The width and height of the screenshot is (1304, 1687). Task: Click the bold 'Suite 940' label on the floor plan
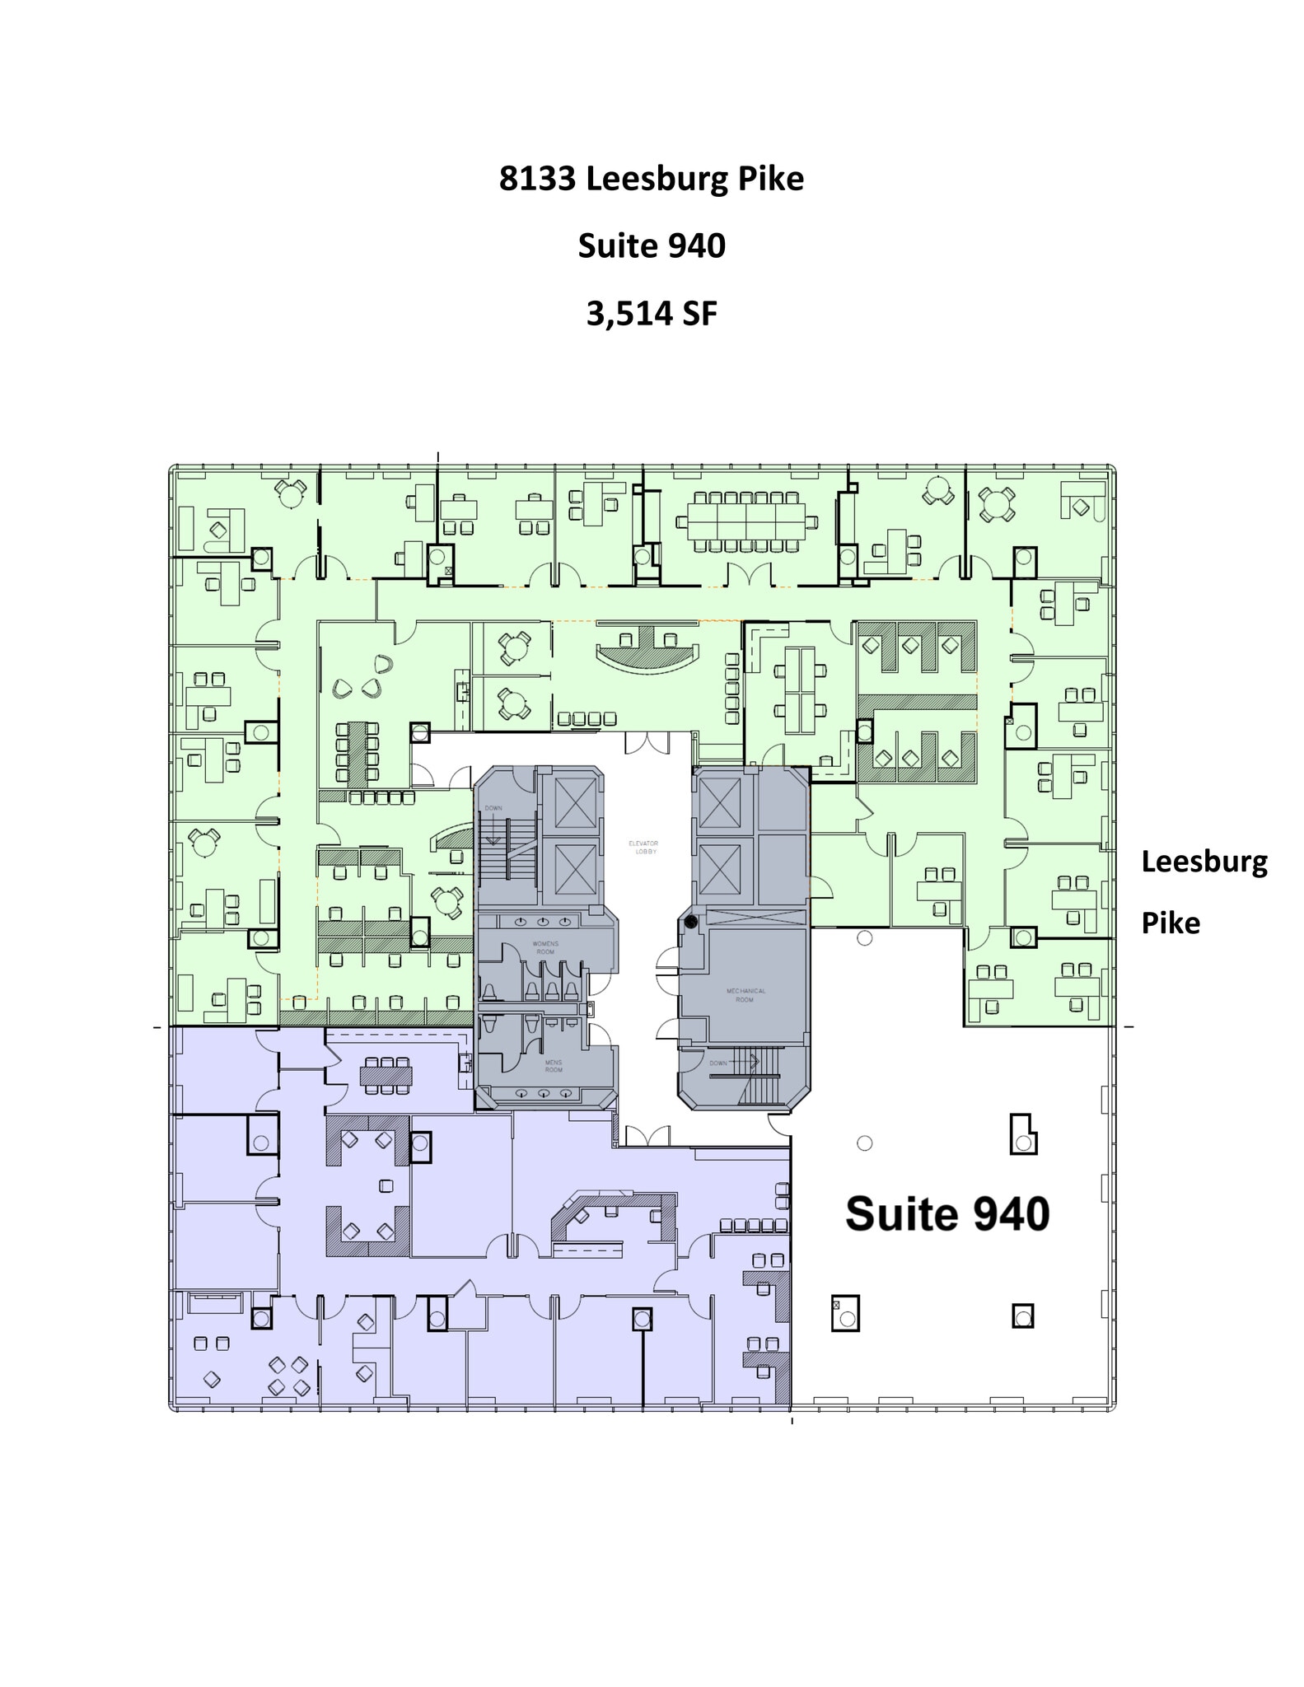point(947,1214)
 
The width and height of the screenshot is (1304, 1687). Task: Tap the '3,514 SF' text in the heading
point(651,313)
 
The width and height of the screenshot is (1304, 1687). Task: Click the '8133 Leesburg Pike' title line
point(651,179)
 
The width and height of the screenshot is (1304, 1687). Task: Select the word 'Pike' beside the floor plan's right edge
point(1170,923)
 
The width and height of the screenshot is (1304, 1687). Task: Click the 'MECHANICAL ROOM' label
point(745,995)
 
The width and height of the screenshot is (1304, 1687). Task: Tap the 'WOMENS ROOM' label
point(545,947)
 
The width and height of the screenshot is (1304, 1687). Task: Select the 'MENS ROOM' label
point(554,1066)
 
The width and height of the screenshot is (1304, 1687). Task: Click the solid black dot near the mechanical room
point(691,922)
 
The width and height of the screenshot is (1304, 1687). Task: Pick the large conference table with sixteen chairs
point(746,521)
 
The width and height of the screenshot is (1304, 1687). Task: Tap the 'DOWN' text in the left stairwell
point(493,808)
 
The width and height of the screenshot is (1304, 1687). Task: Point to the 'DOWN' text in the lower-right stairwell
point(718,1063)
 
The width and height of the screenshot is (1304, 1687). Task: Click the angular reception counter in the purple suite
point(613,1217)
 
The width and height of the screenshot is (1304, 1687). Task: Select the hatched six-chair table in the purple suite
point(386,1075)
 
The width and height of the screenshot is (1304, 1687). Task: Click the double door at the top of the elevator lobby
point(648,743)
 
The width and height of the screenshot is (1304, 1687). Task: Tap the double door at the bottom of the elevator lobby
point(648,1136)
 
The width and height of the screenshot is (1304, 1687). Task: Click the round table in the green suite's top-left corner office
point(289,493)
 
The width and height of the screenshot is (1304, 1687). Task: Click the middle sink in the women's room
point(545,920)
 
